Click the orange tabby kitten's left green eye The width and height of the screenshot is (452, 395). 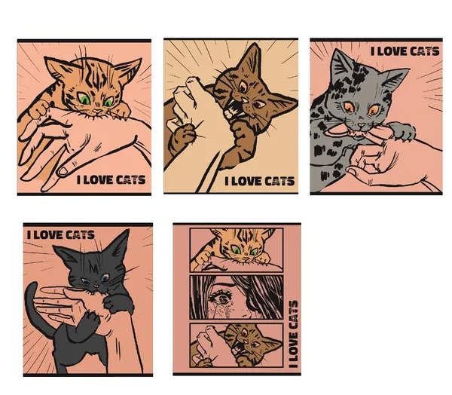(84, 99)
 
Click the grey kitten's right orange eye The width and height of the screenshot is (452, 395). (374, 109)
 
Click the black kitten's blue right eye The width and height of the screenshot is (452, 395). (105, 277)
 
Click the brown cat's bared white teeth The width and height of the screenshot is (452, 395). (231, 111)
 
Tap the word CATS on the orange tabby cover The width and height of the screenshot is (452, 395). (131, 179)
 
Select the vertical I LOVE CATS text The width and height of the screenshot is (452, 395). (293, 334)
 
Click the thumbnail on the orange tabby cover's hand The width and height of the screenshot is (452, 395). (63, 172)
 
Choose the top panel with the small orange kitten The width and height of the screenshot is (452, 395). (237, 250)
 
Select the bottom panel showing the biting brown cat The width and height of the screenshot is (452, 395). (237, 345)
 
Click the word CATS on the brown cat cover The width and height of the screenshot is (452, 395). (279, 181)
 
